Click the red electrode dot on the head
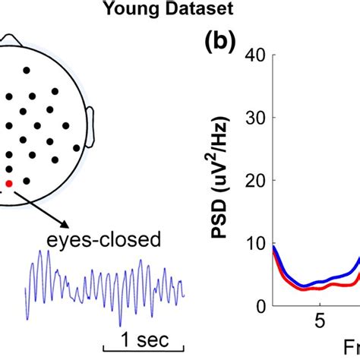pyautogui.click(x=9, y=184)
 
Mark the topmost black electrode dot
pyautogui.click(x=27, y=70)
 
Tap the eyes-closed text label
pyautogui.click(x=112, y=241)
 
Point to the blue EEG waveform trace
pyautogui.click(x=106, y=289)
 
